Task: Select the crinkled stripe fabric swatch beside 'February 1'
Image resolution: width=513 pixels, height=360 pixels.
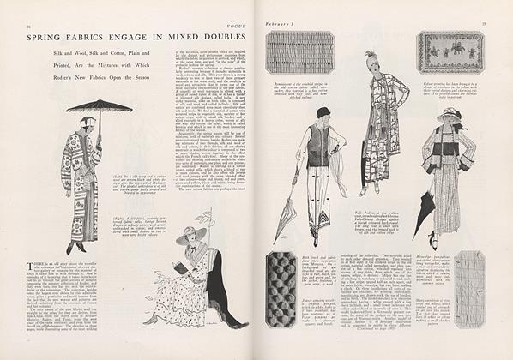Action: (x=299, y=51)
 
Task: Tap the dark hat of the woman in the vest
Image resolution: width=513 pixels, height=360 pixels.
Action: (x=323, y=112)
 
